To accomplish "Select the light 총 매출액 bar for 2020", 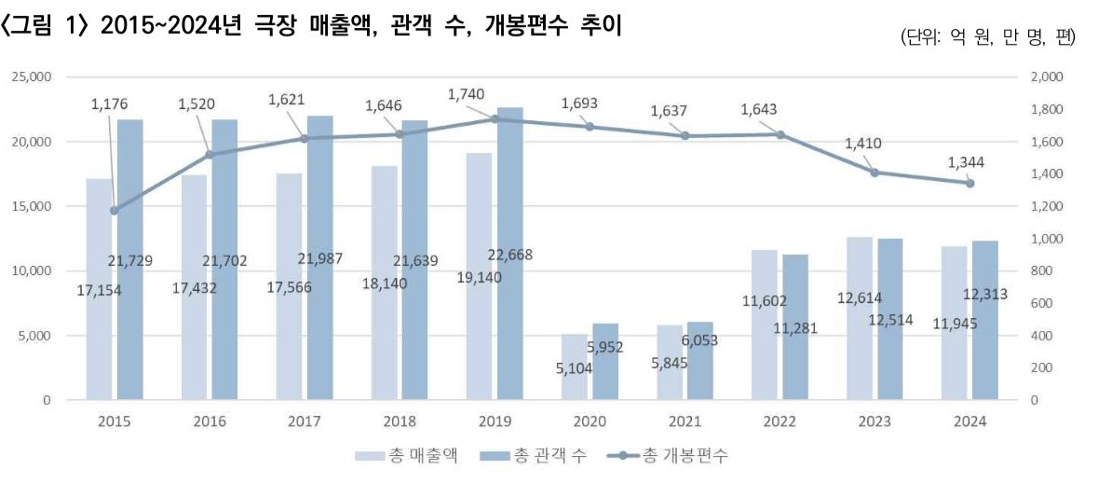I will coord(574,367).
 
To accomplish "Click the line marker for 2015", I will coord(115,211).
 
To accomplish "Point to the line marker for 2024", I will coord(969,183).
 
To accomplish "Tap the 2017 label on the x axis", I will coord(305,421).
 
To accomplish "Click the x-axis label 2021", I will coord(685,421).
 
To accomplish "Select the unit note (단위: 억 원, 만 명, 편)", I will coord(988,37).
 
